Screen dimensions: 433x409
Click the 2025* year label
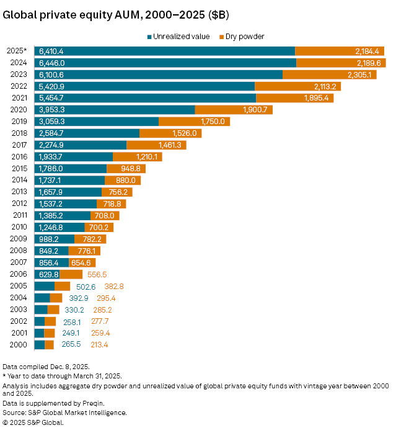[17, 51]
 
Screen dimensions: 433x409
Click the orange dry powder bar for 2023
[329, 74]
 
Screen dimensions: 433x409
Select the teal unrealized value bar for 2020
[115, 110]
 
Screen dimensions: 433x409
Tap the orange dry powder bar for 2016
[137, 157]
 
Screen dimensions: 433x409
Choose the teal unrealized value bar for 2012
[66, 203]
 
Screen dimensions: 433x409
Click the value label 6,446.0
[51, 63]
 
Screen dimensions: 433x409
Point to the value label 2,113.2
[323, 86]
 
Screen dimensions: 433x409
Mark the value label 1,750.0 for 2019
[213, 122]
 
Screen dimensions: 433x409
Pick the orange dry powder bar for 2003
[53, 310]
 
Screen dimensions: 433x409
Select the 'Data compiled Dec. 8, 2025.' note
[46, 367]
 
